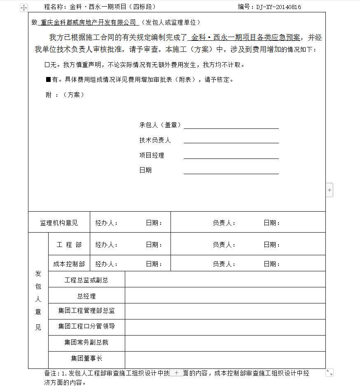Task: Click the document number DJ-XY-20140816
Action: [278, 7]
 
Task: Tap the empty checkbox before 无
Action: [47, 65]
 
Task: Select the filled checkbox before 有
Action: [48, 79]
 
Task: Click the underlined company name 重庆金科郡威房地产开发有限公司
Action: [88, 22]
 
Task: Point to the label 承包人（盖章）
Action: [160, 125]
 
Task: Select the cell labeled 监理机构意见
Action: [58, 223]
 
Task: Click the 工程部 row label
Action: [69, 245]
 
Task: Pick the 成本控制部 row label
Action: [69, 264]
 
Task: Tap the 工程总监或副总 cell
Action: [86, 280]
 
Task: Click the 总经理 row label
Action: [86, 296]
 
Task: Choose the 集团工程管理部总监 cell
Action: [86, 311]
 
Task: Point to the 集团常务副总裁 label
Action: [86, 342]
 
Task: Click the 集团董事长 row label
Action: [86, 358]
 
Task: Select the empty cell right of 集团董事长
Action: [225, 360]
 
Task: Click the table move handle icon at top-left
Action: [24, 7]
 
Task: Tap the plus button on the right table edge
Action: [330, 190]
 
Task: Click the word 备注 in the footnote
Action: [51, 373]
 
